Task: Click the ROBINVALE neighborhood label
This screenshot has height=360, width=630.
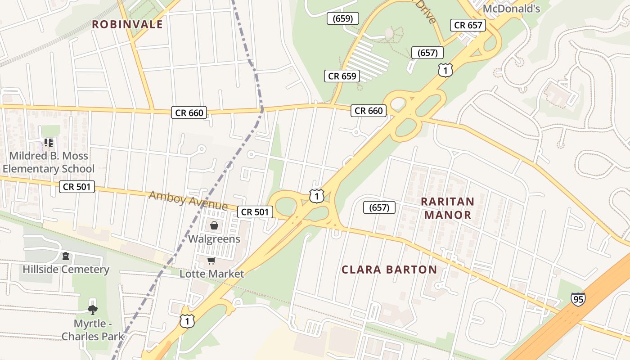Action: (x=127, y=24)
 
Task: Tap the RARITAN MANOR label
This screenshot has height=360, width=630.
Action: (x=448, y=208)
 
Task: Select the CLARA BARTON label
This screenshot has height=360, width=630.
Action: (x=389, y=270)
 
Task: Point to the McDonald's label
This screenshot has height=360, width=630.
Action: (x=511, y=9)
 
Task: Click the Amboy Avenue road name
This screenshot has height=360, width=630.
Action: (x=188, y=200)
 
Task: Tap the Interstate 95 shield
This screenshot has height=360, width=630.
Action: (x=578, y=299)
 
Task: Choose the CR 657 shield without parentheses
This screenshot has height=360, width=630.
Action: (x=468, y=25)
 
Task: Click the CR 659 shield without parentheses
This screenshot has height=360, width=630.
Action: (x=342, y=76)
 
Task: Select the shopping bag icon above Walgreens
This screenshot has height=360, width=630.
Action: (x=214, y=225)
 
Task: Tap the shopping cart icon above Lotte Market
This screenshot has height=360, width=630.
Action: (x=211, y=261)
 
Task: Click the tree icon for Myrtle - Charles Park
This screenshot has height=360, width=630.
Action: (x=93, y=310)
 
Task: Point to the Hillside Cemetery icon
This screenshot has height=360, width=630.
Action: (x=66, y=256)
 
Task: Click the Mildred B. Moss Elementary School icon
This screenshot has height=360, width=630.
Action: (x=49, y=143)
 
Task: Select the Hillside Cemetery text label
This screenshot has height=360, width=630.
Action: (x=66, y=270)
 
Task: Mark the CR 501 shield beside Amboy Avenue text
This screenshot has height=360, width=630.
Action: (x=255, y=212)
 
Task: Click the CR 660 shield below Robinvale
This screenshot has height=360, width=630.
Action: (x=189, y=112)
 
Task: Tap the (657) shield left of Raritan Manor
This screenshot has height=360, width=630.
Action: (x=379, y=207)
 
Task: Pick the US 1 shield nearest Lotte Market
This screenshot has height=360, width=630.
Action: (x=187, y=321)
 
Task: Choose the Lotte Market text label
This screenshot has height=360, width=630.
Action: (x=212, y=274)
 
